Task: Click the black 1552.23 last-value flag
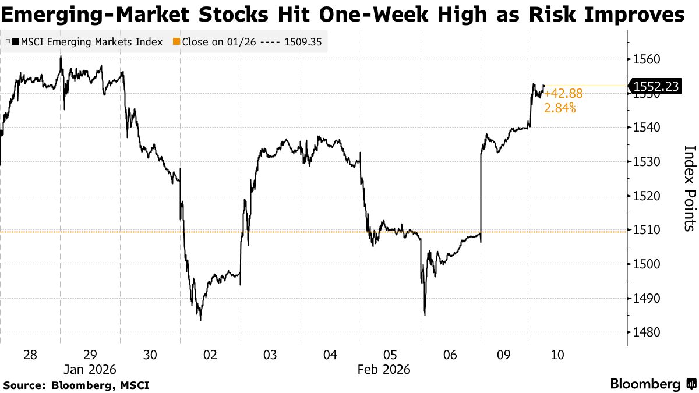(654, 86)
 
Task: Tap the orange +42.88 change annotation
(563, 94)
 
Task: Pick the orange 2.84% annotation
(560, 108)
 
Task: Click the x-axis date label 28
(30, 355)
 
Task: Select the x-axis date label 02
(210, 355)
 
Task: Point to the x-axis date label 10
(557, 355)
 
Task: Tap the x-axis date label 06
(450, 355)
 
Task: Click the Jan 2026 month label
(90, 370)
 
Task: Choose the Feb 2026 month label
(384, 370)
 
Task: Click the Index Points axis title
(690, 189)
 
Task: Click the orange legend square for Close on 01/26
(176, 41)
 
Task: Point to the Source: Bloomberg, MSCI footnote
(76, 385)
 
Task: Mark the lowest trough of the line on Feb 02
(200, 320)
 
